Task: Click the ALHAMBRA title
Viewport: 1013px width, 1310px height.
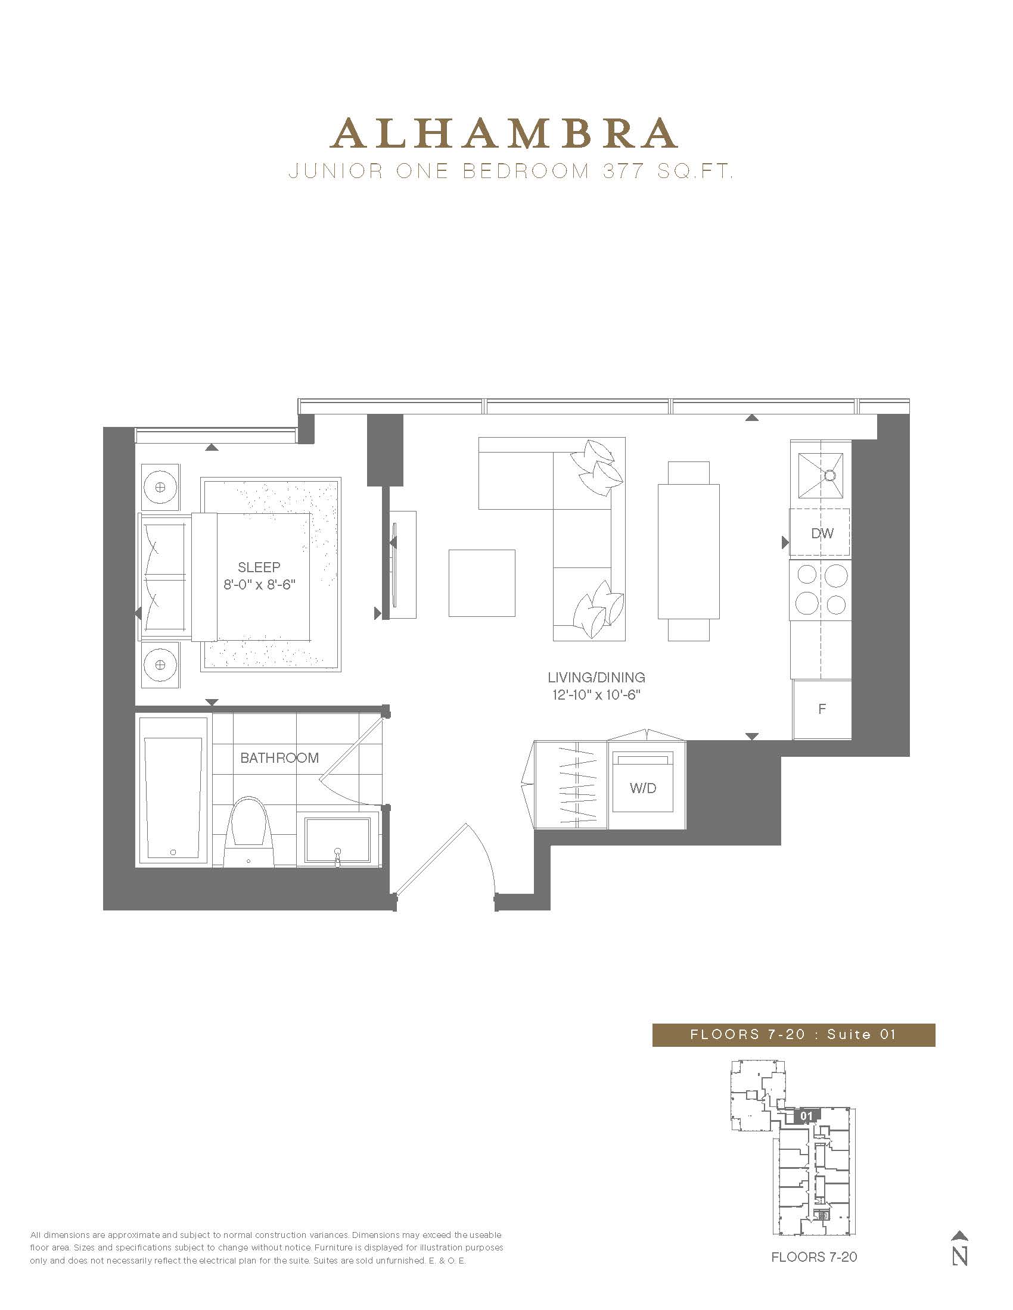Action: [x=505, y=133]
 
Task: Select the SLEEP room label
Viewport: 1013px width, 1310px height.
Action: [x=259, y=567]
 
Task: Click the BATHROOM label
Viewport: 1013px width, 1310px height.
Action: [x=279, y=757]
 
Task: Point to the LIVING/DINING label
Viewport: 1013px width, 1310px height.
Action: [x=596, y=677]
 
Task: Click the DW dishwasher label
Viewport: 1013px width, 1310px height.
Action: [x=822, y=534]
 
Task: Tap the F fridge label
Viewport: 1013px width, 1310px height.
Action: [x=822, y=709]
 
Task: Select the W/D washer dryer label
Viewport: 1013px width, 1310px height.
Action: [x=643, y=788]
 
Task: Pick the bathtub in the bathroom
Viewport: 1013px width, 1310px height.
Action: [x=173, y=791]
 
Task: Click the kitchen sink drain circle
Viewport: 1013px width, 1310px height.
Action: [x=830, y=476]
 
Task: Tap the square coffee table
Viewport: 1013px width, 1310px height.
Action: [x=482, y=583]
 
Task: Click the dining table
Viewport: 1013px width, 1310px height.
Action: [x=688, y=551]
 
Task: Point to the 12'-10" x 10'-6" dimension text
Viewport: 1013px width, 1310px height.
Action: [x=596, y=695]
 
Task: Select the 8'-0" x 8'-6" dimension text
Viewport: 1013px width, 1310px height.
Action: [x=259, y=584]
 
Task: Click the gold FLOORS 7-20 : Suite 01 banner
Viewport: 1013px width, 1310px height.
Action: [x=793, y=1035]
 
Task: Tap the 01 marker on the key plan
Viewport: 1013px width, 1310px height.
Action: [x=807, y=1116]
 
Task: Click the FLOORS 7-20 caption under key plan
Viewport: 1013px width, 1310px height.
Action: [x=814, y=1256]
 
